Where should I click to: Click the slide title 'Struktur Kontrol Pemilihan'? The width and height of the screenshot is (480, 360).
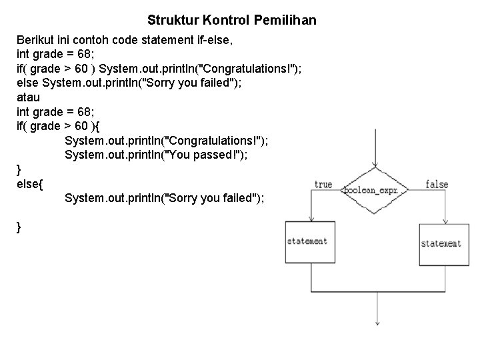click(x=231, y=21)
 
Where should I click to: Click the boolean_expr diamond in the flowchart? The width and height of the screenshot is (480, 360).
click(x=375, y=190)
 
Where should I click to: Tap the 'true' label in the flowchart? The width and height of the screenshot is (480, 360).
click(x=323, y=184)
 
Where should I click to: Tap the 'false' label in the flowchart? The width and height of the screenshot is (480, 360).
click(x=437, y=184)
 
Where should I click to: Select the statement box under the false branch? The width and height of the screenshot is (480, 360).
click(x=441, y=244)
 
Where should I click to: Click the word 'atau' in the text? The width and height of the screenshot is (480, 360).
click(x=29, y=97)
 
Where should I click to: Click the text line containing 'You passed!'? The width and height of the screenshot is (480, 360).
click(x=165, y=155)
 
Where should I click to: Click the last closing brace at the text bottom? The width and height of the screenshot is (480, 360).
click(x=19, y=227)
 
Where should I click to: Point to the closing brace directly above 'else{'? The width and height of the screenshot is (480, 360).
click(x=19, y=169)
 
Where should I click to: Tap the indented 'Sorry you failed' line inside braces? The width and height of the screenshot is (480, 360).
click(x=165, y=198)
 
